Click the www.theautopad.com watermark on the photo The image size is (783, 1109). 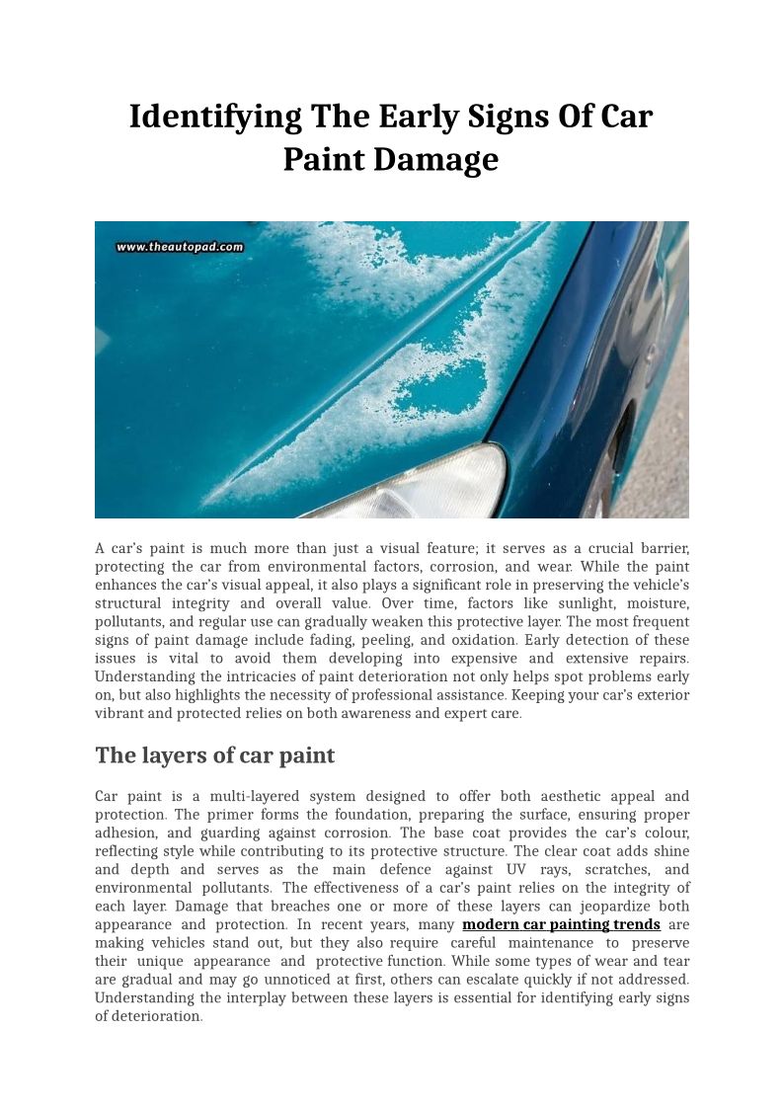180,248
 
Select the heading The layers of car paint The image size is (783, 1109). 214,755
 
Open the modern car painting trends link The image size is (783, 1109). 561,924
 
